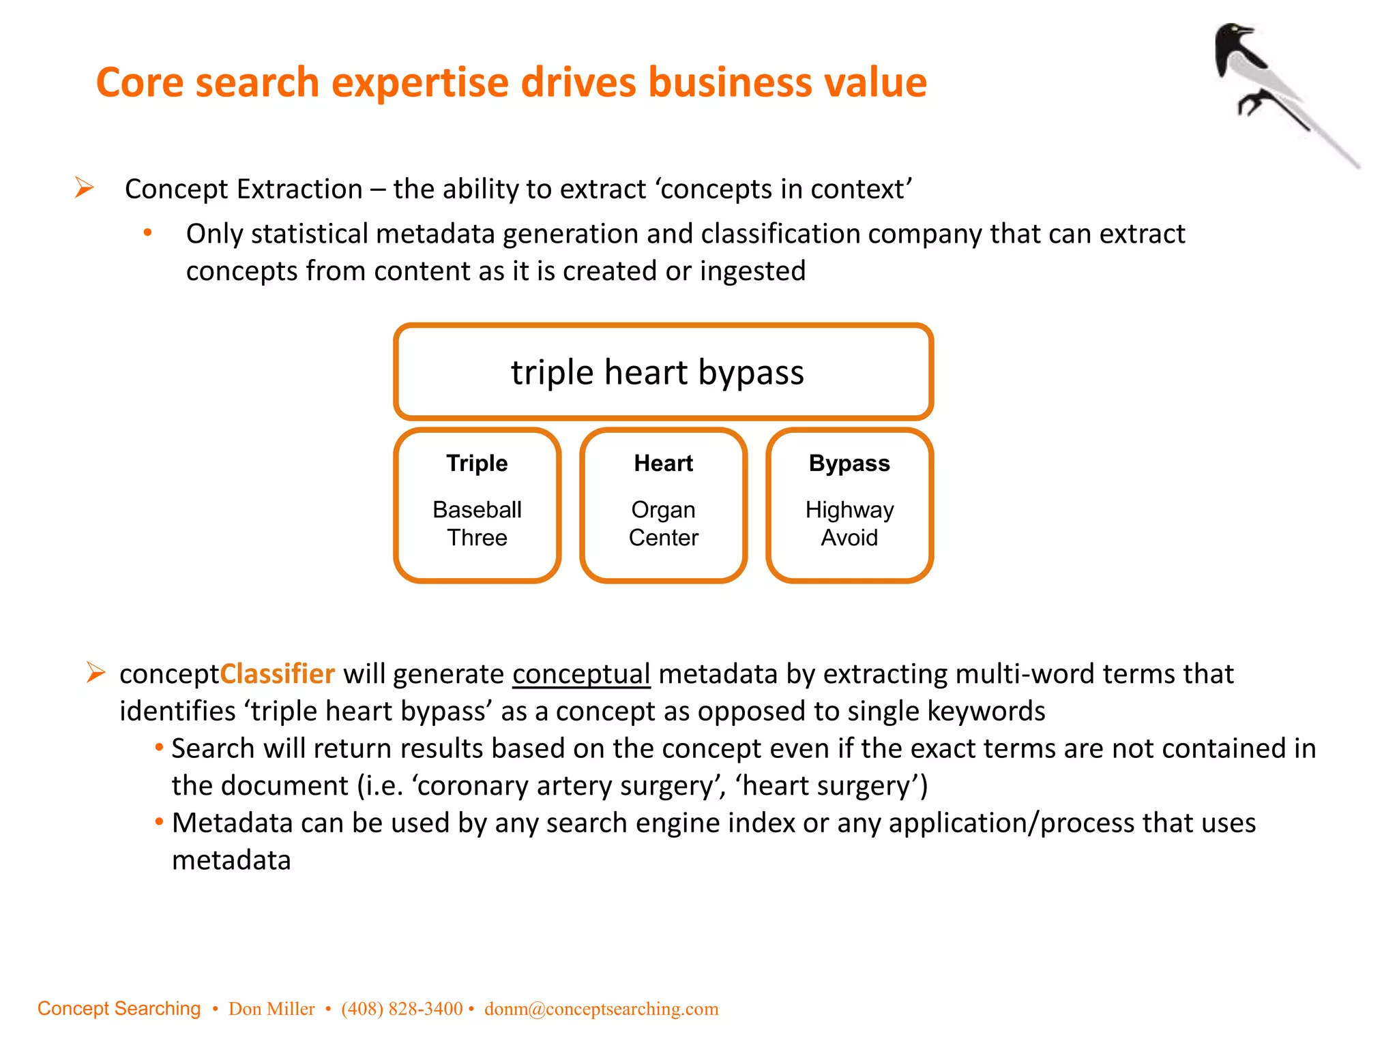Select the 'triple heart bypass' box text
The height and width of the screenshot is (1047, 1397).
point(658,372)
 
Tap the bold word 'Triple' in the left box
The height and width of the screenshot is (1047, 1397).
point(477,464)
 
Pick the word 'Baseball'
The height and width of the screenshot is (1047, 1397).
point(477,510)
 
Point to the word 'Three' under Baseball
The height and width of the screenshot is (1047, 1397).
point(477,538)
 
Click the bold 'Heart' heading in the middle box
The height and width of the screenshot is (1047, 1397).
point(663,464)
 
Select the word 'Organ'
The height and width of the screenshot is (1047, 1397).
point(663,510)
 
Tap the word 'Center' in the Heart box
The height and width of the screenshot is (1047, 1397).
point(663,538)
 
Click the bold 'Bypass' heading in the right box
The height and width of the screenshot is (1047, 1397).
point(849,464)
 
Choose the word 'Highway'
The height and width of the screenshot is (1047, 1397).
point(849,510)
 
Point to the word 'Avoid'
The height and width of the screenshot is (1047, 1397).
point(849,538)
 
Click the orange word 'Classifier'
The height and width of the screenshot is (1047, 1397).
point(278,674)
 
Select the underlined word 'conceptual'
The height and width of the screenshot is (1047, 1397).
point(581,674)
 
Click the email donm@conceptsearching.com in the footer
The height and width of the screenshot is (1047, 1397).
point(601,1009)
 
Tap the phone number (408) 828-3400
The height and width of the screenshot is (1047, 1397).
point(402,1009)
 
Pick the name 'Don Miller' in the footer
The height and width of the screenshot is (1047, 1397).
point(271,1009)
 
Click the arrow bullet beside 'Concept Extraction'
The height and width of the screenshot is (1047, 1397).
point(85,187)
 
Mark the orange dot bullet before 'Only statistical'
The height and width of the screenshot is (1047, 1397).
point(147,233)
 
